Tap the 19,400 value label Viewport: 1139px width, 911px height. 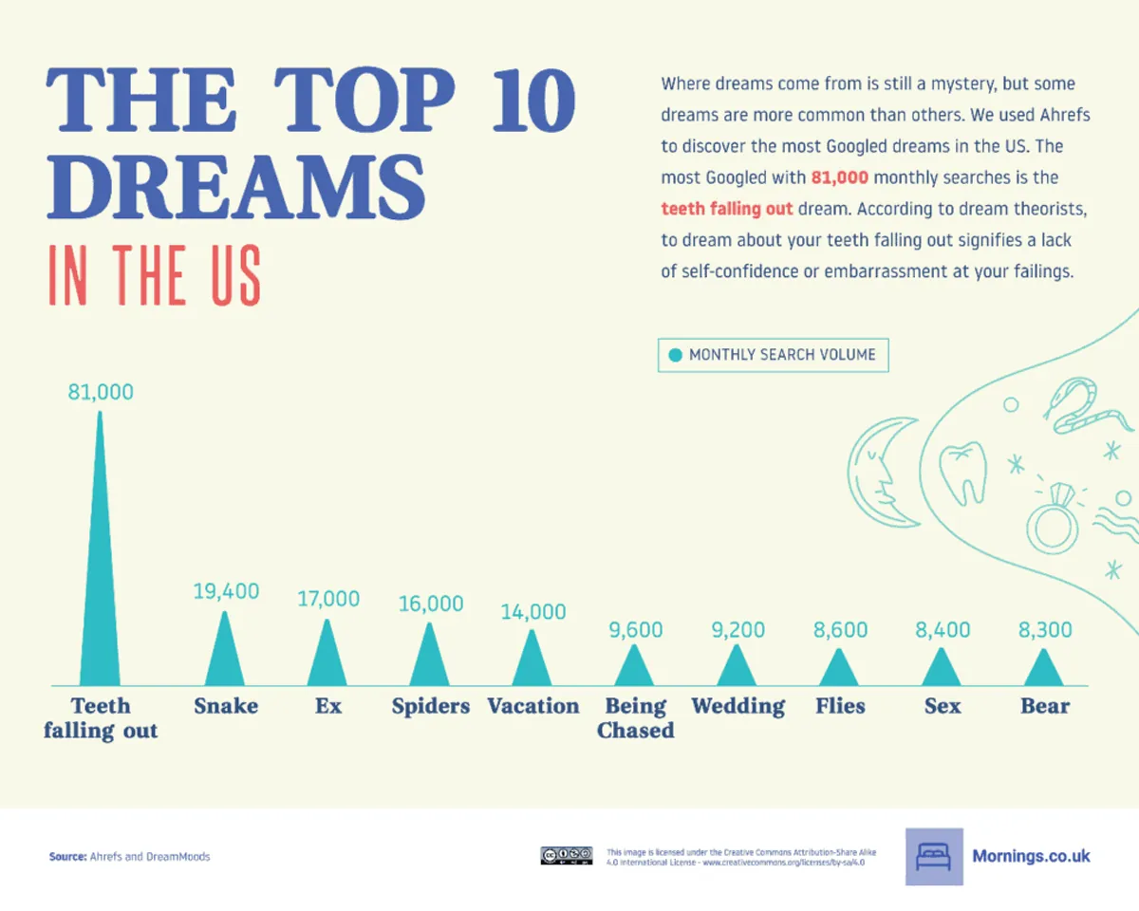[x=226, y=591]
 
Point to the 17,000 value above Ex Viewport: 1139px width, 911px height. [x=327, y=599]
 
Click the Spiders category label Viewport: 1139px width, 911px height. [x=431, y=706]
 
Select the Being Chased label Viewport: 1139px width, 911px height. [x=635, y=718]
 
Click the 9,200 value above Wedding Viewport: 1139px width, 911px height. [x=738, y=629]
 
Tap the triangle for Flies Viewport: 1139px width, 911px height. [x=840, y=670]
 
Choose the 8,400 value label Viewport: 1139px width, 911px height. [x=943, y=629]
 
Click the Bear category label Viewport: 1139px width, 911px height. [x=1045, y=706]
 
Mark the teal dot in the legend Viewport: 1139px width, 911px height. [x=675, y=355]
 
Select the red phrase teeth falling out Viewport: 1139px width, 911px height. [x=727, y=209]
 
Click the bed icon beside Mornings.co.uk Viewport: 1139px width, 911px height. [x=933, y=857]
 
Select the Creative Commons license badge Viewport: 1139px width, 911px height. [x=567, y=856]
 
